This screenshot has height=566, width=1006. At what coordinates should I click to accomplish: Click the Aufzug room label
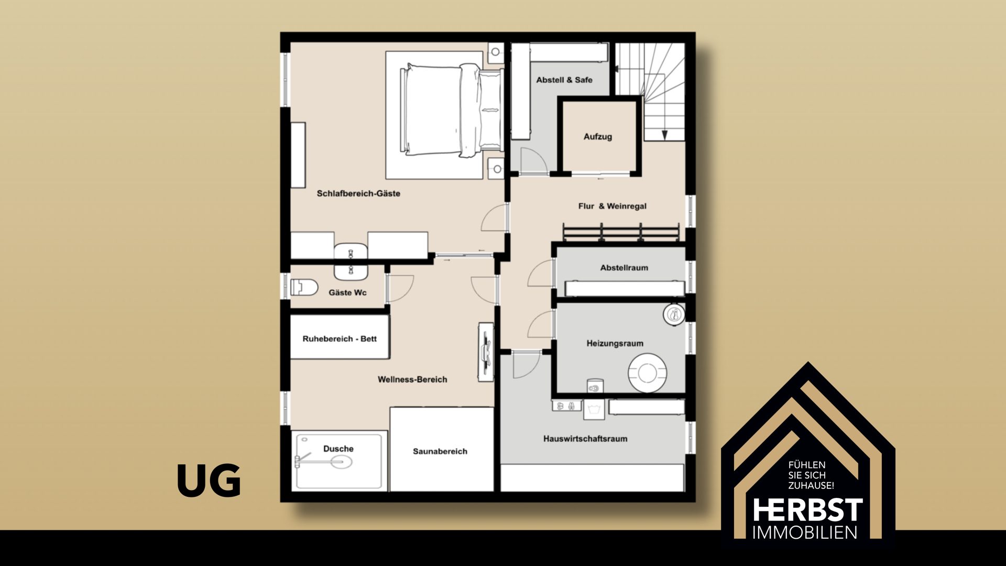click(598, 137)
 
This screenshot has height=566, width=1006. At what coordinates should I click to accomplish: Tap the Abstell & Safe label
click(564, 80)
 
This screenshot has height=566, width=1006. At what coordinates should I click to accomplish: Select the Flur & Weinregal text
click(613, 206)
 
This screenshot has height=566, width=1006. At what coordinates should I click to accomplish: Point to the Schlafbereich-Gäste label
click(358, 193)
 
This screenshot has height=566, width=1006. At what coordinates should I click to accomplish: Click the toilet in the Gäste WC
click(304, 287)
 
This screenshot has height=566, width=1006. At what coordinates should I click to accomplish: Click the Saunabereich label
click(440, 451)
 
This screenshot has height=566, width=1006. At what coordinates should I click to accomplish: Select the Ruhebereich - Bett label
click(340, 339)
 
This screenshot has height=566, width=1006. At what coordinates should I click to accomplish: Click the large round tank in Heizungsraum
click(647, 373)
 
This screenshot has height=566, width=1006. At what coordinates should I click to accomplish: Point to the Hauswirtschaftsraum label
click(585, 439)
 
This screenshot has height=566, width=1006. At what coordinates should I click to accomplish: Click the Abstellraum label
click(624, 268)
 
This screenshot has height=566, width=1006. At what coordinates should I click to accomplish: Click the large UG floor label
click(209, 481)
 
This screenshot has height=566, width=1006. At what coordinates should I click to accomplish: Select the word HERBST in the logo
click(807, 510)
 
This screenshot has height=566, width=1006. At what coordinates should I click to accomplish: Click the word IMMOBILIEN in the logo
click(805, 532)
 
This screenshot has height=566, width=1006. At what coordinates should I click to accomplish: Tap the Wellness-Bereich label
click(412, 379)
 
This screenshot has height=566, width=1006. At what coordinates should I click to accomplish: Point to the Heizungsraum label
click(615, 344)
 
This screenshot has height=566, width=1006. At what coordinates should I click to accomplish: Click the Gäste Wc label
click(347, 292)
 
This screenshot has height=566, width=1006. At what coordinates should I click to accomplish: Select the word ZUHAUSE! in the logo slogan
click(811, 486)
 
